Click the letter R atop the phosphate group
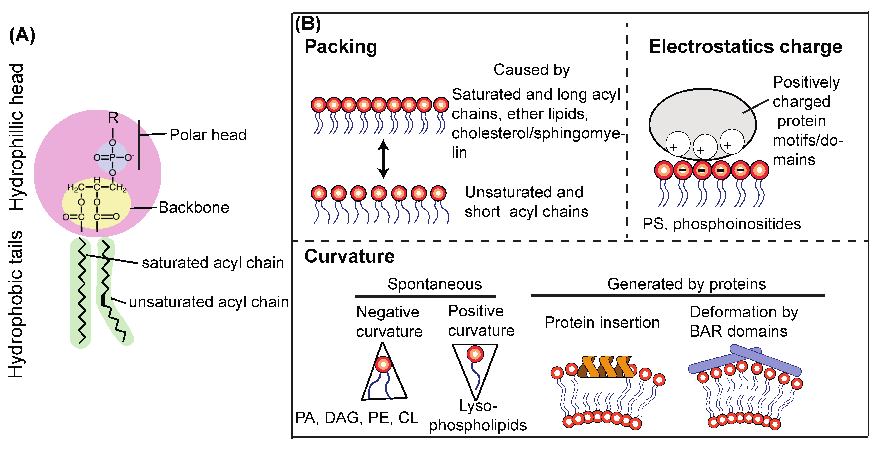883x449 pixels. (x=113, y=118)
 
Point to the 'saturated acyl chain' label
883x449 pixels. (x=213, y=263)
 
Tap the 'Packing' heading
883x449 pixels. (x=341, y=47)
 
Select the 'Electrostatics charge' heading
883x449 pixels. (x=745, y=47)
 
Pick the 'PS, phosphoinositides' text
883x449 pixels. (x=721, y=224)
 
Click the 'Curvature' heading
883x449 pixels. (x=349, y=256)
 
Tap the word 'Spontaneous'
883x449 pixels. (x=434, y=284)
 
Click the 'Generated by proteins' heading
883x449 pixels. (x=686, y=284)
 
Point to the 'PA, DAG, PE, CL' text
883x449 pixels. (x=356, y=418)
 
